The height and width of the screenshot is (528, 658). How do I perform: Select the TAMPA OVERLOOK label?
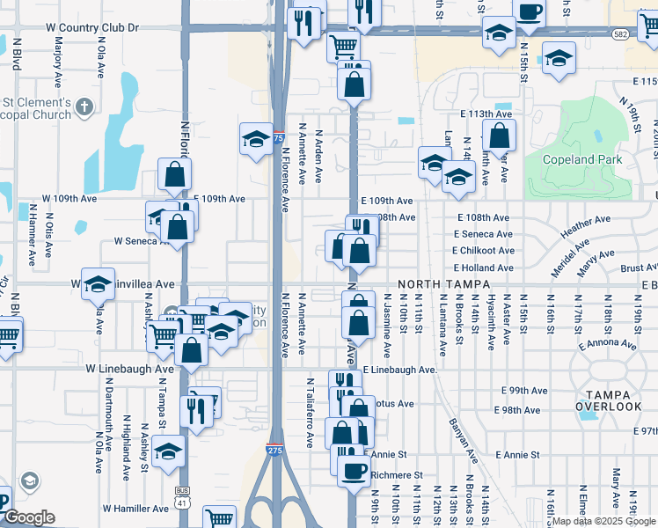609,399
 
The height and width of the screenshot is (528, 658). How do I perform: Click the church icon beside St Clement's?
84,107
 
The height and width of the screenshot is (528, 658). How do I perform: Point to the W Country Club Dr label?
96,27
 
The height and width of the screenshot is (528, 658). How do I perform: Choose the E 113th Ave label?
486,114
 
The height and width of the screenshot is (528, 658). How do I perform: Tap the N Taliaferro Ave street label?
311,414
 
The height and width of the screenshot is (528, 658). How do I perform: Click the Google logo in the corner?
30,517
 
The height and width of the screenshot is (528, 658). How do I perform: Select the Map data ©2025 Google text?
603,522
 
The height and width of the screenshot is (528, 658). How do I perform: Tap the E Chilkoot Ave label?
483,250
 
